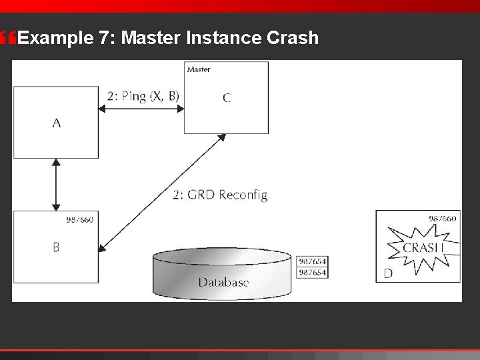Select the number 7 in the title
click(103, 39)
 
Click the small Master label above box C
click(199, 69)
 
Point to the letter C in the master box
click(227, 98)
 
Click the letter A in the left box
click(57, 123)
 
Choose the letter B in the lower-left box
click(57, 247)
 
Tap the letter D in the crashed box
click(388, 273)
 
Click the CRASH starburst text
click(423, 248)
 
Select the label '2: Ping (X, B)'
click(143, 95)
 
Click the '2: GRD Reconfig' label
click(219, 195)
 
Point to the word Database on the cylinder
click(223, 282)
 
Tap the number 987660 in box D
click(443, 218)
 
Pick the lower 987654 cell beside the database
click(312, 272)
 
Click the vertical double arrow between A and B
click(57, 185)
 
